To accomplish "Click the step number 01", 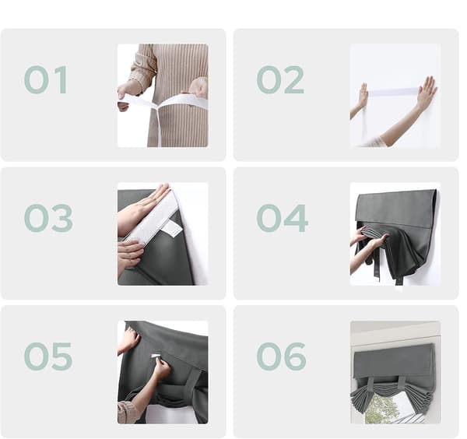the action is [x=46, y=80].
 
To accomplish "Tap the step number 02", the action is [x=280, y=80].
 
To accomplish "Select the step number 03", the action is [x=48, y=218].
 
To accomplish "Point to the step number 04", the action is [x=282, y=218].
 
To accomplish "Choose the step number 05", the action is [x=48, y=356].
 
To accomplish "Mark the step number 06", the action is [x=282, y=356].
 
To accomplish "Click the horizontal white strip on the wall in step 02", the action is [x=392, y=92].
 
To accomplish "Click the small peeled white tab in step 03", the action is [x=172, y=230].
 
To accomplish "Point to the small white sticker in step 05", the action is [x=156, y=356].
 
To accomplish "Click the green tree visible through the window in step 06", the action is [x=381, y=409].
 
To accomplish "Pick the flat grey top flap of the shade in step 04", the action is [x=396, y=209].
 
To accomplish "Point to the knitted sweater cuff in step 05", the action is [x=128, y=411].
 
